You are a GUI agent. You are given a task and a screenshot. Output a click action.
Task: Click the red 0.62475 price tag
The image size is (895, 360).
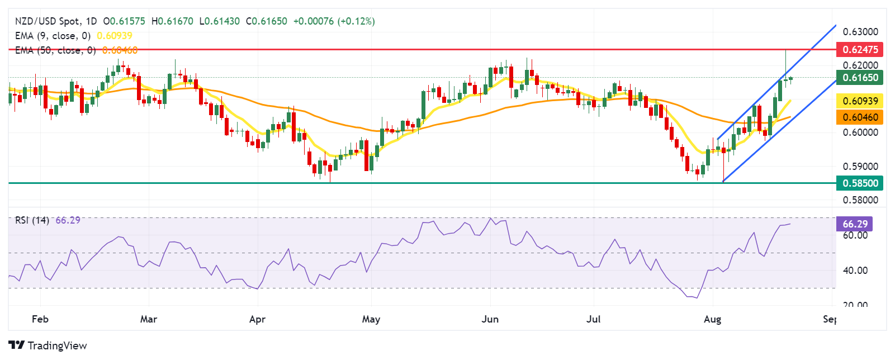click(x=859, y=49)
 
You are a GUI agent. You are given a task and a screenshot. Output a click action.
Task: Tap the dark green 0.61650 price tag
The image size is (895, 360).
click(x=859, y=77)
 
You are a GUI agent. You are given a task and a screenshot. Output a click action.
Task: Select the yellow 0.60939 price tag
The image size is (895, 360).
click(x=859, y=101)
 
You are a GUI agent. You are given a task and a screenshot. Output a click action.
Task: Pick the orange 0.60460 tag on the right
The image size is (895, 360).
click(x=859, y=117)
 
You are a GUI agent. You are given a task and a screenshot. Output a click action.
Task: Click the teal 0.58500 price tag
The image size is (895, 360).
click(x=859, y=183)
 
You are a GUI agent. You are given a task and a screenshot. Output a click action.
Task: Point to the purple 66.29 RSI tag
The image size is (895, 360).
click(x=854, y=224)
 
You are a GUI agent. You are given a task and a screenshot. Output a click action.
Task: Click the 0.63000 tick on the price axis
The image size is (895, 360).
click(x=860, y=31)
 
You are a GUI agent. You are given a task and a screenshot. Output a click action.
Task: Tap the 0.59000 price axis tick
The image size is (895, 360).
click(x=860, y=166)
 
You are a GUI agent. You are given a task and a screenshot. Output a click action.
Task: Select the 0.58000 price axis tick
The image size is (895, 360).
click(x=860, y=200)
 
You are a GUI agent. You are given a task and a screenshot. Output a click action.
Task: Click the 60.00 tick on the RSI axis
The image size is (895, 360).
click(x=855, y=235)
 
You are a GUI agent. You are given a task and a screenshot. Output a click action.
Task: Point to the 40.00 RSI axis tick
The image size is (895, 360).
click(x=855, y=270)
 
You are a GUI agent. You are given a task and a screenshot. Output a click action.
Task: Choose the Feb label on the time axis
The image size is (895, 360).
click(x=40, y=319)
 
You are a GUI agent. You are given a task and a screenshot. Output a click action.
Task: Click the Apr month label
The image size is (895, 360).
click(x=257, y=319)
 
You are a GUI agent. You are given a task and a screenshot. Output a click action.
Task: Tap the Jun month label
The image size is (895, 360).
click(x=490, y=319)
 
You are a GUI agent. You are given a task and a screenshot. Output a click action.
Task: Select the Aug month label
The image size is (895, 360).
click(x=712, y=319)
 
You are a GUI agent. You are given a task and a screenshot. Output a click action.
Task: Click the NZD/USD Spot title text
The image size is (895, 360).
click(x=48, y=21)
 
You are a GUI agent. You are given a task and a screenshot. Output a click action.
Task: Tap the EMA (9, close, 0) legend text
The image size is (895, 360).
click(x=53, y=36)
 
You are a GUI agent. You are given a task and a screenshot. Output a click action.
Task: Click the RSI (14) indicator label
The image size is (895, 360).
click(x=32, y=220)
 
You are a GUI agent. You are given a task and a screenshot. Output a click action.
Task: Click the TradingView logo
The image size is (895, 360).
click(x=48, y=345)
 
